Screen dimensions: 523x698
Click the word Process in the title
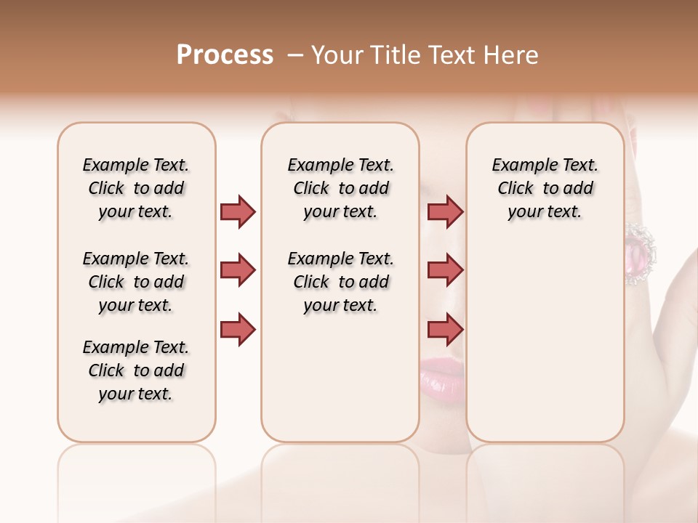click(x=225, y=55)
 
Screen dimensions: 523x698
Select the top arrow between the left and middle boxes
click(x=238, y=211)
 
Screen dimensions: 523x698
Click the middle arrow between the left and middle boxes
click(x=238, y=270)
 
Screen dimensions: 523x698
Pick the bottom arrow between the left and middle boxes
click(x=238, y=329)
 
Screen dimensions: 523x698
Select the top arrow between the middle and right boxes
click(x=445, y=211)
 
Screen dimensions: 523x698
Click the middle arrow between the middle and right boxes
click(x=445, y=270)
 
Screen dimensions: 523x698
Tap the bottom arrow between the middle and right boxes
click(x=445, y=329)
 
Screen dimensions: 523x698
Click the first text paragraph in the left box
click(x=136, y=188)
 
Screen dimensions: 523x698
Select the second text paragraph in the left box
click(x=136, y=282)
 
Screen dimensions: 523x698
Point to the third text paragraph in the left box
click(x=136, y=370)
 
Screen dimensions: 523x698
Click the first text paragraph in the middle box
click(x=340, y=188)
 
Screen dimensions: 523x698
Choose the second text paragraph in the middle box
click(x=340, y=282)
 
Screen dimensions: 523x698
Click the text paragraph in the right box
click(x=545, y=188)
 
